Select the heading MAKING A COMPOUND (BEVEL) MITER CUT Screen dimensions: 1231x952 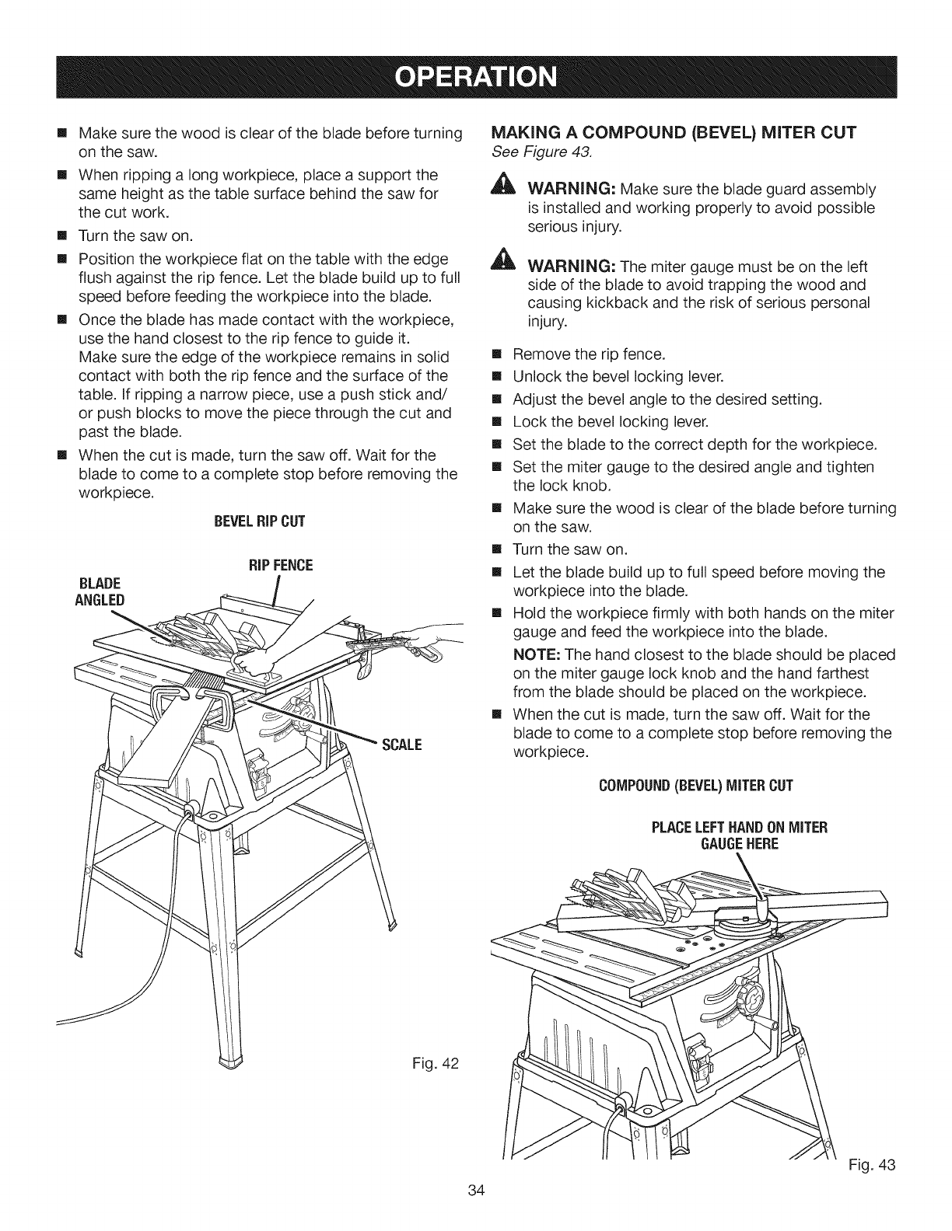(x=675, y=132)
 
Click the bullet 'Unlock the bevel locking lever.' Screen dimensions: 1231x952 (x=618, y=377)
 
